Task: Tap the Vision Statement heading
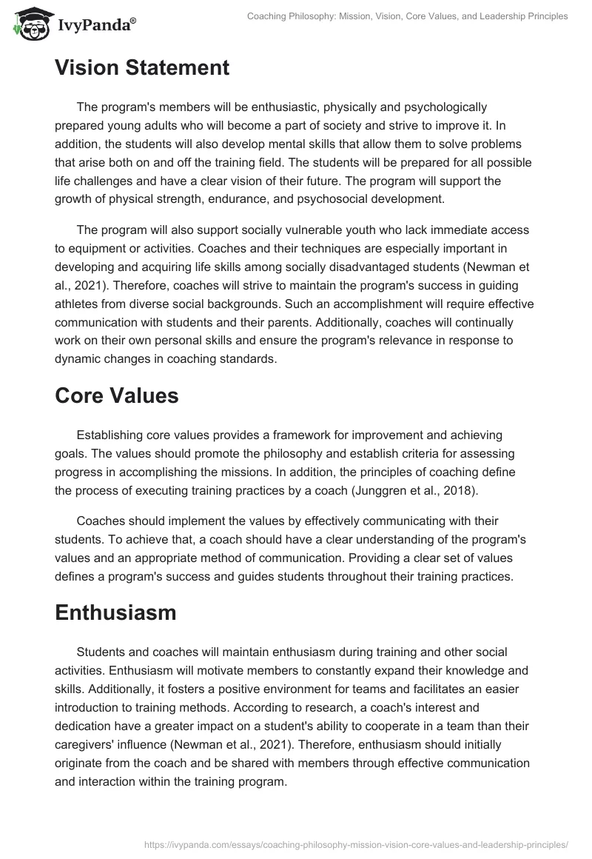[x=142, y=68]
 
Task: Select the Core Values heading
[x=117, y=395]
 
